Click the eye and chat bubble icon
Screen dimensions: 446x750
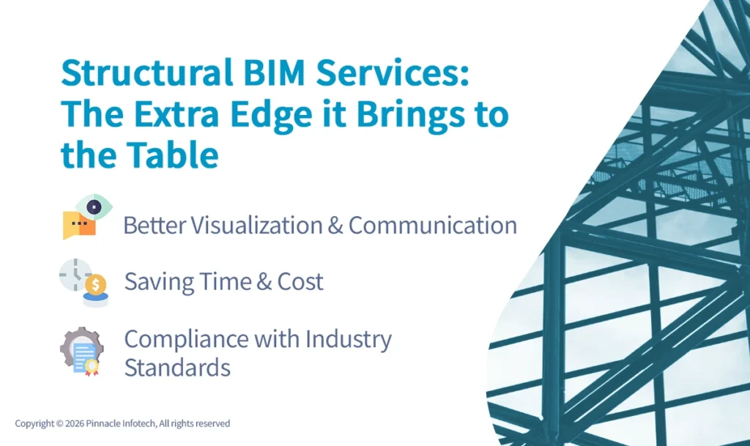pyautogui.click(x=86, y=217)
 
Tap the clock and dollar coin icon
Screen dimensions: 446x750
pyautogui.click(x=83, y=281)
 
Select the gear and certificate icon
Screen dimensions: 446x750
pyautogui.click(x=81, y=351)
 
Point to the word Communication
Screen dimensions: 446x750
pyautogui.click(x=432, y=226)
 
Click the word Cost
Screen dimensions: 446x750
pyautogui.click(x=300, y=282)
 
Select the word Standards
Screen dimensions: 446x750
pyautogui.click(x=177, y=367)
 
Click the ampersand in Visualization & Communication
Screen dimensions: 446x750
pyautogui.click(x=335, y=226)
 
